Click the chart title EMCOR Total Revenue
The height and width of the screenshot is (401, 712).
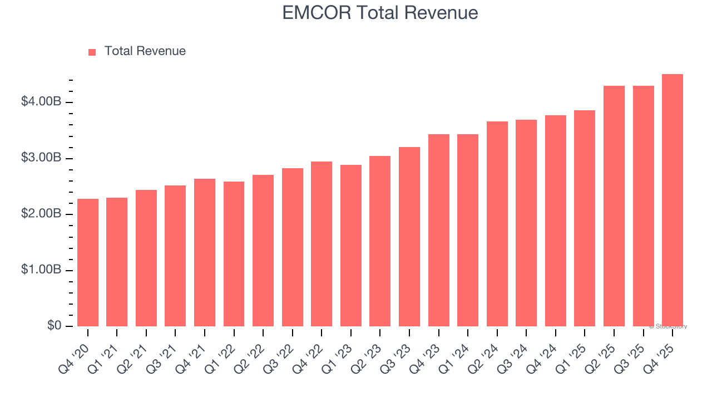coord(380,12)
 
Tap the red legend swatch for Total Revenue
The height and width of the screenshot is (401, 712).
coord(92,52)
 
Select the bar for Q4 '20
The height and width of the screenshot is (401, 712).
coord(88,262)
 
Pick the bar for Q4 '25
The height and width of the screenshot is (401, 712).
coord(673,200)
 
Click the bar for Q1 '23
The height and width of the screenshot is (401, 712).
coord(351,246)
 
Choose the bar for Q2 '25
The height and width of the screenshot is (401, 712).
coord(614,206)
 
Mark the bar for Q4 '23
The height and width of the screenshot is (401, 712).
coord(438,230)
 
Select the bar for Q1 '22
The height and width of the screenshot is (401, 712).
coord(234,254)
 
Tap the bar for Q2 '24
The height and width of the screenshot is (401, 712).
coord(497,224)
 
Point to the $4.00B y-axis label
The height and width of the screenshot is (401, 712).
coord(41,102)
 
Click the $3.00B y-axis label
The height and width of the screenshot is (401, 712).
coord(41,158)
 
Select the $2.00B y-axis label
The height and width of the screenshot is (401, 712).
coord(41,214)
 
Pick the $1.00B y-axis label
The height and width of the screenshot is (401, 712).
coord(41,270)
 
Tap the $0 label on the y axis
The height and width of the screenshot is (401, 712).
coord(54,326)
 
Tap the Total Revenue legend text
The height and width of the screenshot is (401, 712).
coord(145,51)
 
